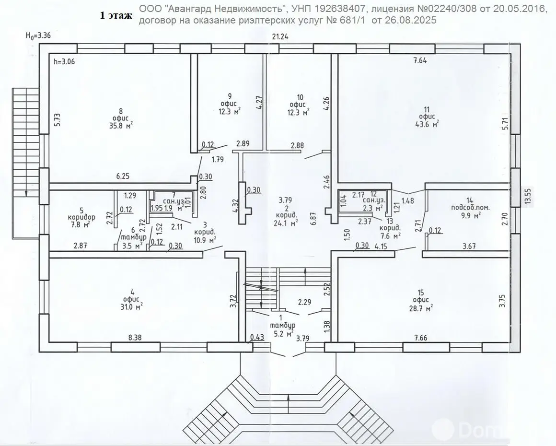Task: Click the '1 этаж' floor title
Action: tap(116, 16)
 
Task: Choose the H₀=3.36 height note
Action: tap(41, 35)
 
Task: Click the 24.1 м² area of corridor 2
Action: tap(286, 222)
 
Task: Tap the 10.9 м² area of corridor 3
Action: tap(205, 238)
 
